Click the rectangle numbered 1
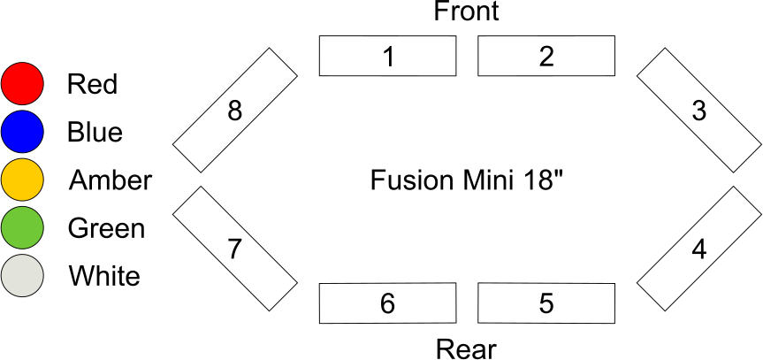coord(387,57)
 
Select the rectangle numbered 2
coord(546,57)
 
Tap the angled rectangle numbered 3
coord(698,111)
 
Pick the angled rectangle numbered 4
coord(698,249)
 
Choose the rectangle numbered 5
coord(546,303)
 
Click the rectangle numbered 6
coord(387,303)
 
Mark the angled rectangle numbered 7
coord(234,249)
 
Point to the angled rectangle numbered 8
coord(235,111)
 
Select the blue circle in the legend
coord(22,132)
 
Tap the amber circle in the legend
coord(22,180)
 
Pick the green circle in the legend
coord(22,228)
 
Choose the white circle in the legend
coord(22,276)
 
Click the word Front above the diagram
coord(466,11)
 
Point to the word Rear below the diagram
coord(466,349)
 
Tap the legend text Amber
coord(110,180)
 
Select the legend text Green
coord(106,228)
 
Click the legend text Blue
coord(95,132)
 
